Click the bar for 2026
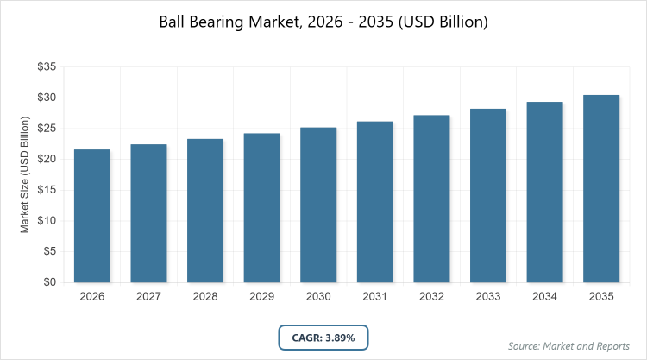92,216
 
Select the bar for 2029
262,208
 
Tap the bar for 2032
431,199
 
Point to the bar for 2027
148,213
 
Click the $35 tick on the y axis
47,66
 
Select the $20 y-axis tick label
47,159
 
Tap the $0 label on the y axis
50,282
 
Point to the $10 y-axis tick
47,221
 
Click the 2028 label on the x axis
205,297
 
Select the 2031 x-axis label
375,297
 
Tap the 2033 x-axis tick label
488,297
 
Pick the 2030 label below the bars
318,297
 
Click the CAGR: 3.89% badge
323,337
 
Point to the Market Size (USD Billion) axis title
25,174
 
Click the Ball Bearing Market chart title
323,22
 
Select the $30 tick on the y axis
47,98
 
